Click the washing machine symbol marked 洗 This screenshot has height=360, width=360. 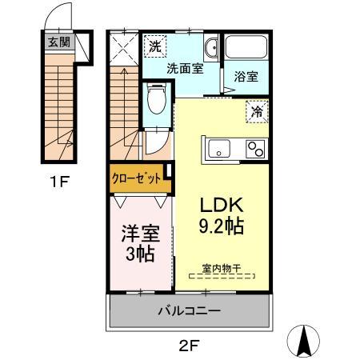pos(154,46)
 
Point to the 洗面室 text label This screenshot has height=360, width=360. pos(184,69)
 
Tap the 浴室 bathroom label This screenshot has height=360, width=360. pos(246,78)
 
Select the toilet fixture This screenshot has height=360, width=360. pos(157,101)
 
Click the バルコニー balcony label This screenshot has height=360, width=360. pos(189,310)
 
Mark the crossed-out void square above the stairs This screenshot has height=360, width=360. pos(125,50)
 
